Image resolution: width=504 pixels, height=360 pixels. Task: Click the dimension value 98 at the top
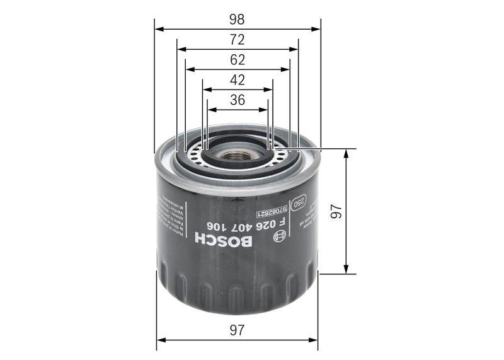click(x=237, y=19)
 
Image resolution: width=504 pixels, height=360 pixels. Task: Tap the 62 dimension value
click(x=237, y=61)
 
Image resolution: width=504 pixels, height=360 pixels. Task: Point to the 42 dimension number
click(x=237, y=80)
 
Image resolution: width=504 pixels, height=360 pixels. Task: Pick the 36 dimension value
click(x=237, y=100)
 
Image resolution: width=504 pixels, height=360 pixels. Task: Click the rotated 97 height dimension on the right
click(x=336, y=212)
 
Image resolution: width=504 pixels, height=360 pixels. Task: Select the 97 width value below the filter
click(x=237, y=330)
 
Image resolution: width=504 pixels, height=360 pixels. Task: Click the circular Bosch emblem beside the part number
click(x=278, y=236)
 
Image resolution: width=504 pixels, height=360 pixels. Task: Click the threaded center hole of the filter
click(x=237, y=154)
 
